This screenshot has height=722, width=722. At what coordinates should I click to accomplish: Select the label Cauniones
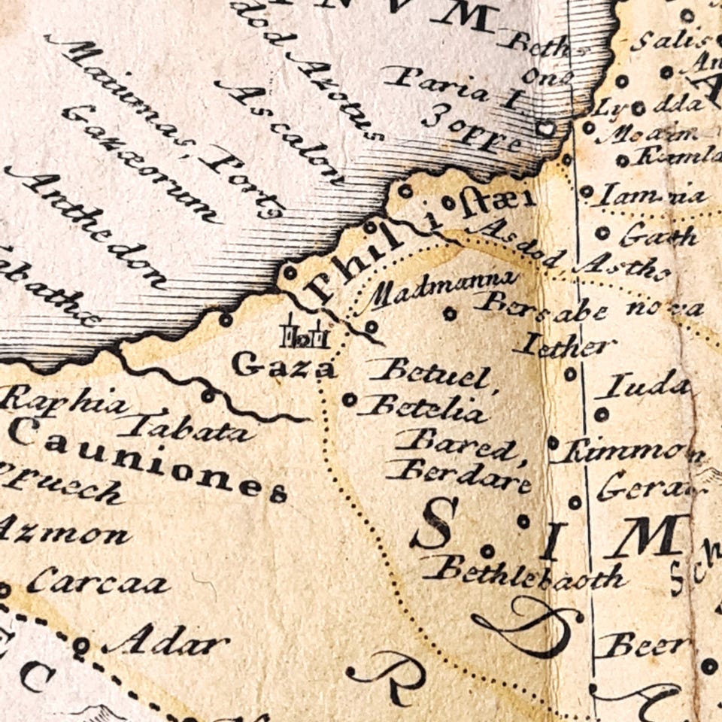pyautogui.click(x=147, y=460)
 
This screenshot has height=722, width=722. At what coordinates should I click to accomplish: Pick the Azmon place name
pyautogui.click(x=64, y=534)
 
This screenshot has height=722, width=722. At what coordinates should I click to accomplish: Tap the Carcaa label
pyautogui.click(x=97, y=581)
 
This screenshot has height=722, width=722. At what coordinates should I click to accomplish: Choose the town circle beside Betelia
pyautogui.click(x=349, y=399)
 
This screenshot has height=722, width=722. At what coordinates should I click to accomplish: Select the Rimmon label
pyautogui.click(x=632, y=452)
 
